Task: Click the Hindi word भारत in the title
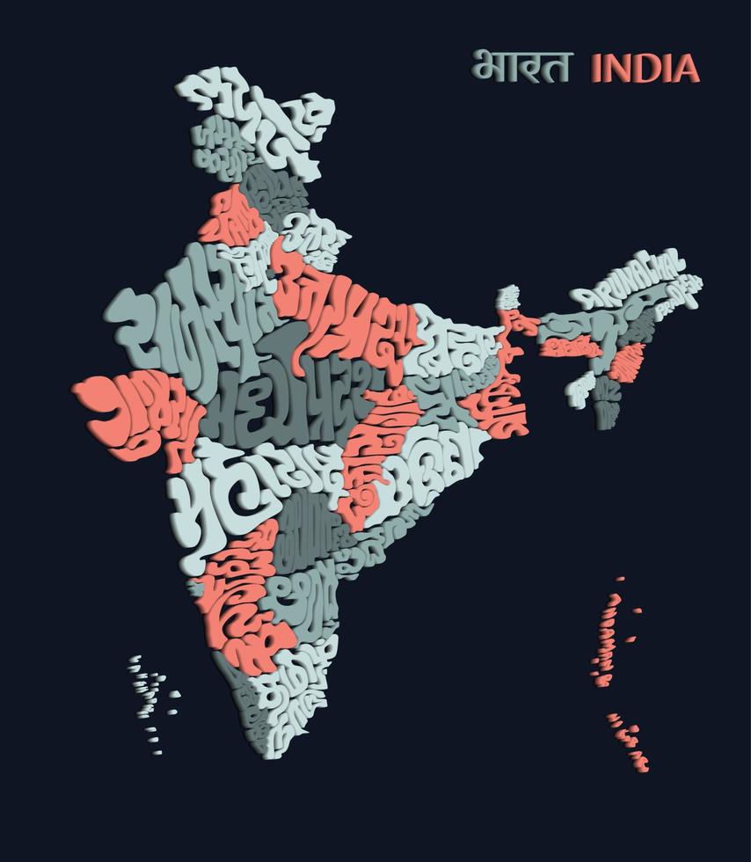pos(521,66)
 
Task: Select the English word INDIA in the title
pos(645,68)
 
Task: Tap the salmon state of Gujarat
pos(132,413)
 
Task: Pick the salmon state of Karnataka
pos(242,598)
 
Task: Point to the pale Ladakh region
pos(281,114)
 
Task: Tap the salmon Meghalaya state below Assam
pos(563,347)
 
